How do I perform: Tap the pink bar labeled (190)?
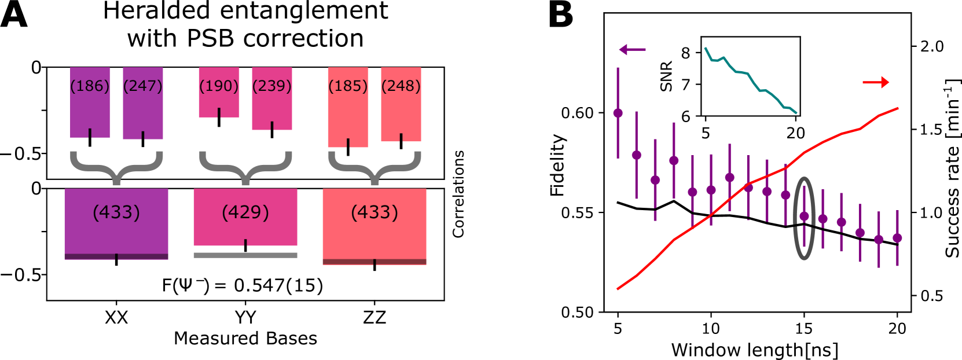[219, 101]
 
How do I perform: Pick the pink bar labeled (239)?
[272, 107]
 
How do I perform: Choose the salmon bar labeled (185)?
[348, 116]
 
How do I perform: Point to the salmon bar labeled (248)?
[401, 113]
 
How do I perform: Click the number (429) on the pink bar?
[245, 212]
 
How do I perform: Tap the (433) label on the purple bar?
[116, 212]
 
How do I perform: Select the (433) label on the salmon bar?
[374, 212]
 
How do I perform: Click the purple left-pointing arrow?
[631, 50]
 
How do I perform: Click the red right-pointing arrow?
[876, 83]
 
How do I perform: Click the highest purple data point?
[618, 113]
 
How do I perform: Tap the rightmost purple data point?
[897, 238]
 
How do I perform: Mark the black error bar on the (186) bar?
[90, 138]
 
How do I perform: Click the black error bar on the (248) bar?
[401, 141]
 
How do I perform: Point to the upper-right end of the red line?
[898, 108]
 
